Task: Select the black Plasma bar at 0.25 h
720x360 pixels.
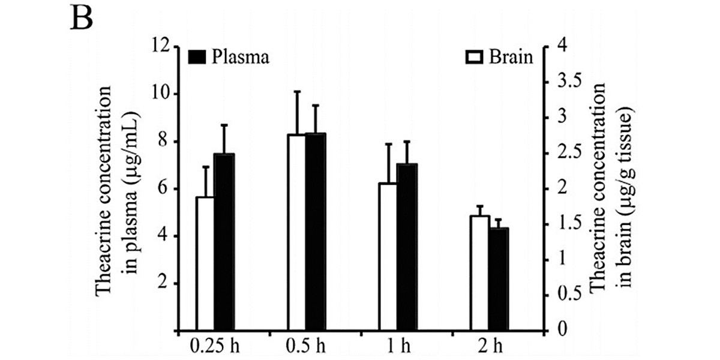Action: [x=224, y=242]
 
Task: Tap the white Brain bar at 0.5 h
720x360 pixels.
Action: [x=296, y=233]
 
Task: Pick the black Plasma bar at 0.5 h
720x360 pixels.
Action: [x=315, y=232]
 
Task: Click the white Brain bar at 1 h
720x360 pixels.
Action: [x=388, y=257]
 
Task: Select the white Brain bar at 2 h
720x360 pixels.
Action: [x=480, y=273]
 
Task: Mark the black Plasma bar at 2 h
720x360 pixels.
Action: [x=499, y=279]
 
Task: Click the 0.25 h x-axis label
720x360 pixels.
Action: [x=213, y=346]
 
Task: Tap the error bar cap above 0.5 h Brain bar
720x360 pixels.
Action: [x=296, y=91]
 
